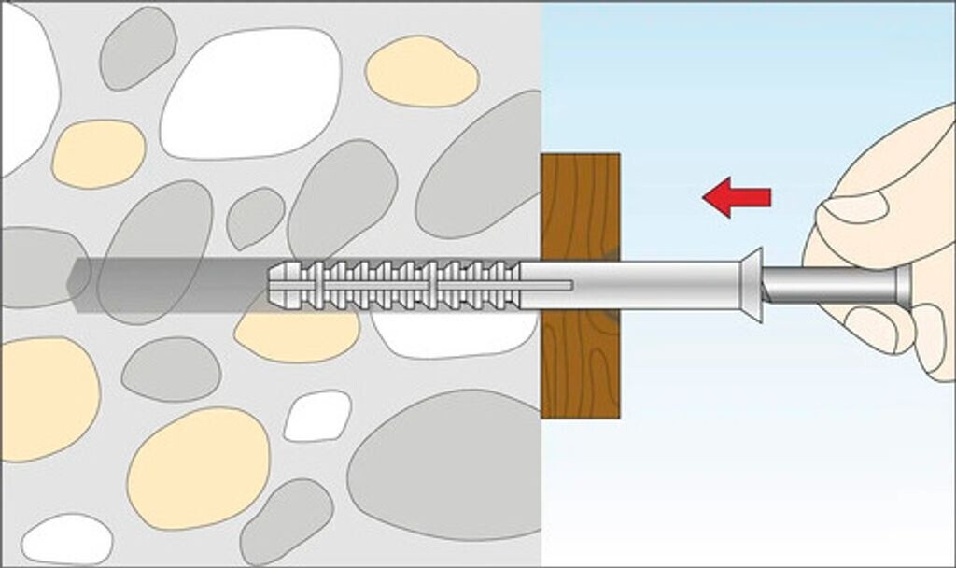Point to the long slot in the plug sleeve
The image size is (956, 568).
pyautogui.click(x=546, y=283)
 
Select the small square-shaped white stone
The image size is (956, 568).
pyautogui.click(x=317, y=416)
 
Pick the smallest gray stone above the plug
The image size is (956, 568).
pyautogui.click(x=255, y=217)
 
